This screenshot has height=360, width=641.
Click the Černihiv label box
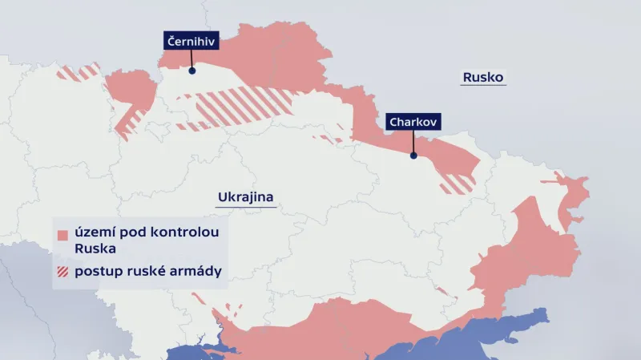pyautogui.click(x=191, y=42)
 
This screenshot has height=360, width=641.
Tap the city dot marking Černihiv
pyautogui.click(x=191, y=71)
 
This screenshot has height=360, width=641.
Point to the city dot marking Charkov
pyautogui.click(x=413, y=156)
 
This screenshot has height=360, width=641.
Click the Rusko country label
pyautogui.click(x=482, y=78)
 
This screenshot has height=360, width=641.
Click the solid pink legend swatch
pyautogui.click(x=62, y=234)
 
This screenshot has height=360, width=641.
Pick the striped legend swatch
pyautogui.click(x=62, y=271)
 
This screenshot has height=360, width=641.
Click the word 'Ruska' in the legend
pyautogui.click(x=95, y=249)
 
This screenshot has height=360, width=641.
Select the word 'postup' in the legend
pyautogui.click(x=96, y=272)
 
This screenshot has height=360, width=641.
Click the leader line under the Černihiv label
pyautogui.click(x=191, y=60)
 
